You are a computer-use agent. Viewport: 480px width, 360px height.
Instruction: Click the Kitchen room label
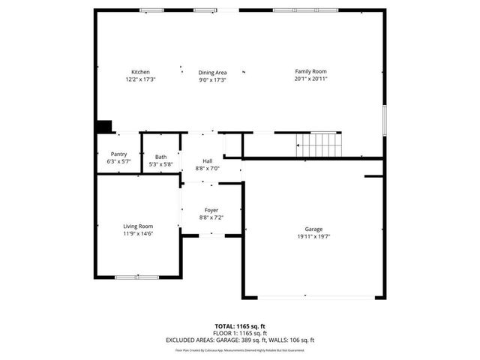pos(140,71)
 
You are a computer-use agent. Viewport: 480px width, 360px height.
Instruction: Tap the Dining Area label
pos(212,72)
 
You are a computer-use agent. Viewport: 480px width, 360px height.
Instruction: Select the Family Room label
pos(310,71)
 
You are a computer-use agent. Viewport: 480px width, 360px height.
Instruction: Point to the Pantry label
pos(118,154)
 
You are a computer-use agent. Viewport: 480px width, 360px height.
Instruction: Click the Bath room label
pos(161,157)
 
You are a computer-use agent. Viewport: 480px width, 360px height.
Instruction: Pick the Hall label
pos(207,161)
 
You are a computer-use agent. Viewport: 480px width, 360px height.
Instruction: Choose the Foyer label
pos(211,210)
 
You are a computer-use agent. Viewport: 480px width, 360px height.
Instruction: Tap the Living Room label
pos(138,226)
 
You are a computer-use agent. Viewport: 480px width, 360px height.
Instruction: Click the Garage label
pos(313,229)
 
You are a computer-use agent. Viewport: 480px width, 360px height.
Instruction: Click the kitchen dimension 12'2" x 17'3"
pos(140,79)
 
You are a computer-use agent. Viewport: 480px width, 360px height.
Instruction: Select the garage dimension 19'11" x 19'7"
pos(313,236)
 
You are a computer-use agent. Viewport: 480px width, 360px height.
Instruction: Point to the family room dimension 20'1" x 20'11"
pos(310,79)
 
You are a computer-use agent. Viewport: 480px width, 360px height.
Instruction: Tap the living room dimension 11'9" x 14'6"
pos(138,233)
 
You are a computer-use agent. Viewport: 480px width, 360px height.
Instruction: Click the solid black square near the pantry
pos(103,127)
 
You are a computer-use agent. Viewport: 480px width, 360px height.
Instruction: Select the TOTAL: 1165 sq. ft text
pos(240,326)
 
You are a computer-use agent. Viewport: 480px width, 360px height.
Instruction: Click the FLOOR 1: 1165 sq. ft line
pos(240,333)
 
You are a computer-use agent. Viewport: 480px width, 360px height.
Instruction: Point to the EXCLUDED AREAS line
pos(240,340)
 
